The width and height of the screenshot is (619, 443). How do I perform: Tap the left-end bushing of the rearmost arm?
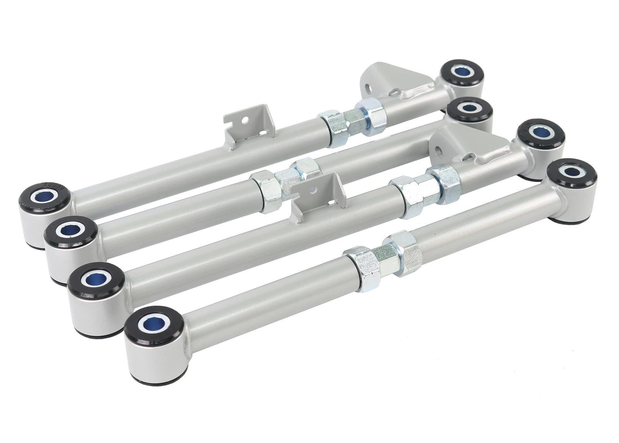tap(43, 197)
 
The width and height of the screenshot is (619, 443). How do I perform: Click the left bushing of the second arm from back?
tap(70, 231)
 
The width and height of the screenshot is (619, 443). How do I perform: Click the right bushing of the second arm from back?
tap(469, 110)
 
